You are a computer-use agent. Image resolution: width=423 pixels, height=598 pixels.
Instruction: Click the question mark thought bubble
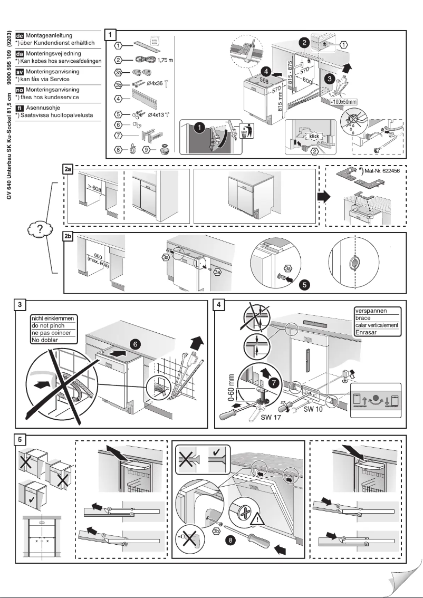pos(37,230)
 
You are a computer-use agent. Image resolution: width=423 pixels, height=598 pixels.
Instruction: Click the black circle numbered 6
pos(136,343)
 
